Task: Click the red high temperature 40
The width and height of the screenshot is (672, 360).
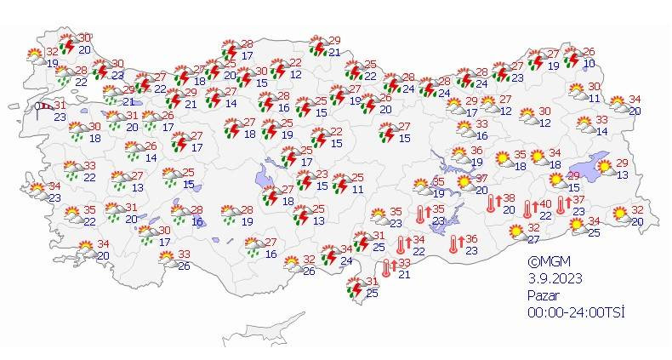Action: click(x=546, y=205)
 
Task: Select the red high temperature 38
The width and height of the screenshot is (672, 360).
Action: click(x=509, y=198)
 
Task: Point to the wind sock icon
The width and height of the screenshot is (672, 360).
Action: click(x=43, y=106)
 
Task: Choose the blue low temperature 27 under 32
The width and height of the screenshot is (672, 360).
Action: click(x=533, y=239)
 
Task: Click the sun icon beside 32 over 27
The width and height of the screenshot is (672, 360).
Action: click(x=515, y=230)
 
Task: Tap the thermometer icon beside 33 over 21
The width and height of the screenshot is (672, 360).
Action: click(x=388, y=268)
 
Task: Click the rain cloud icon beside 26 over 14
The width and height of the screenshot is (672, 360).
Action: click(x=134, y=151)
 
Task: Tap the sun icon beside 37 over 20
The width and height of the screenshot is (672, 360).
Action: click(x=464, y=182)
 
